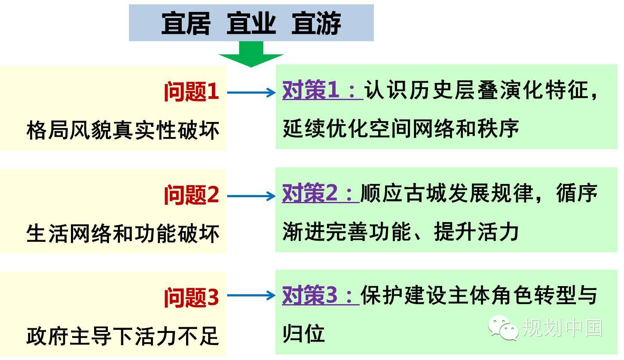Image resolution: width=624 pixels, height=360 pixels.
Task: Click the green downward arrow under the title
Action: click(x=251, y=54)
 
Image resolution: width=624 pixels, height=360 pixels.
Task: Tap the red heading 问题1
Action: click(x=191, y=92)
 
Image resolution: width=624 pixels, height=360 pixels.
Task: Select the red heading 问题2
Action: click(x=191, y=195)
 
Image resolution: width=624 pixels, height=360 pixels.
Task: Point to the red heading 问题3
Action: click(x=191, y=298)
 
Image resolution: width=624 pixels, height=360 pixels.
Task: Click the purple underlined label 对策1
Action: click(x=323, y=90)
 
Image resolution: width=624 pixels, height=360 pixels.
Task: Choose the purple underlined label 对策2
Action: click(x=321, y=193)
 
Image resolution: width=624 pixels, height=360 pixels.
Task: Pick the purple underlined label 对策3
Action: click(x=321, y=295)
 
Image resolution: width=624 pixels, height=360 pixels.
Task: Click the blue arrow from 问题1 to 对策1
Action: click(x=251, y=92)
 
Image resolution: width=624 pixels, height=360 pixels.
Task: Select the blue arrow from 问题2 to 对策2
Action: click(x=251, y=196)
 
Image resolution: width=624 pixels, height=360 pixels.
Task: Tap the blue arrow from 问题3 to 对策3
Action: click(x=251, y=296)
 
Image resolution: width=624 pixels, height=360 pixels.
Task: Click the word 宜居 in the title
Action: click(x=186, y=23)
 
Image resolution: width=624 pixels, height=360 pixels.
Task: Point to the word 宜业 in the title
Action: click(x=251, y=23)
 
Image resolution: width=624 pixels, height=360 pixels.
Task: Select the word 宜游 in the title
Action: click(x=316, y=23)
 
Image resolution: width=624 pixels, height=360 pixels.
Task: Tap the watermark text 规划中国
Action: click(x=562, y=328)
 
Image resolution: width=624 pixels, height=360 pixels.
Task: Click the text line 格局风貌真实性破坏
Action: click(x=123, y=130)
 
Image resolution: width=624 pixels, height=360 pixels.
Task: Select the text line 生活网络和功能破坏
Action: click(x=123, y=233)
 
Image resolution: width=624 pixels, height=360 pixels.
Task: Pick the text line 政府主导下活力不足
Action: click(x=122, y=336)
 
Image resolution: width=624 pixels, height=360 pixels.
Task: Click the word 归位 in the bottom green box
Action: click(x=304, y=333)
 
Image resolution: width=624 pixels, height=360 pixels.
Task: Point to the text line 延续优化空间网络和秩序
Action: click(x=401, y=128)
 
